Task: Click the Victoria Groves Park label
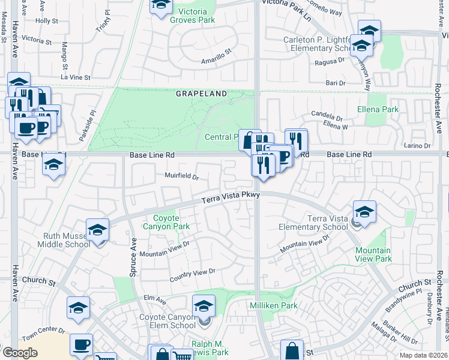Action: (192, 16)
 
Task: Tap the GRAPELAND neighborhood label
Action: (202, 94)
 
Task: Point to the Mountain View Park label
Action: (373, 254)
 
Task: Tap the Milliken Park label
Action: (273, 305)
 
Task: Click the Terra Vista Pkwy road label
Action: (230, 198)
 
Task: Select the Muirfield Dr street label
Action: (182, 176)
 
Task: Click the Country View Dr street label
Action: (192, 275)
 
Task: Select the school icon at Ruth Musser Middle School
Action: (97, 230)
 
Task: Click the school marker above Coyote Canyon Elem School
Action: (203, 306)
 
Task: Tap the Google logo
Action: (20, 353)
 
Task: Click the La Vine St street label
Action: (75, 77)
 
